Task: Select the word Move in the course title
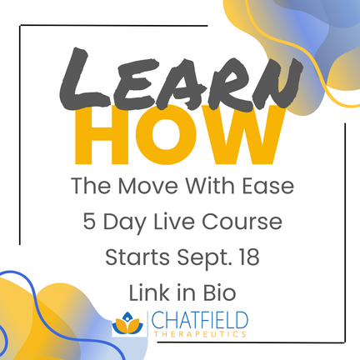point(147,186)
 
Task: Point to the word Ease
point(267,186)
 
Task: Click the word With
point(210,186)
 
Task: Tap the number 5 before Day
point(89,222)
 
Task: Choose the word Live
point(174,222)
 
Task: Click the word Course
point(242,222)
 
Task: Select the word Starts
point(137,257)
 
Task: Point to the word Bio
point(219,292)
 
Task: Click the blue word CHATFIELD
point(199,320)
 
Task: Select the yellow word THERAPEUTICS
point(200,334)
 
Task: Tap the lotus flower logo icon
point(127,323)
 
